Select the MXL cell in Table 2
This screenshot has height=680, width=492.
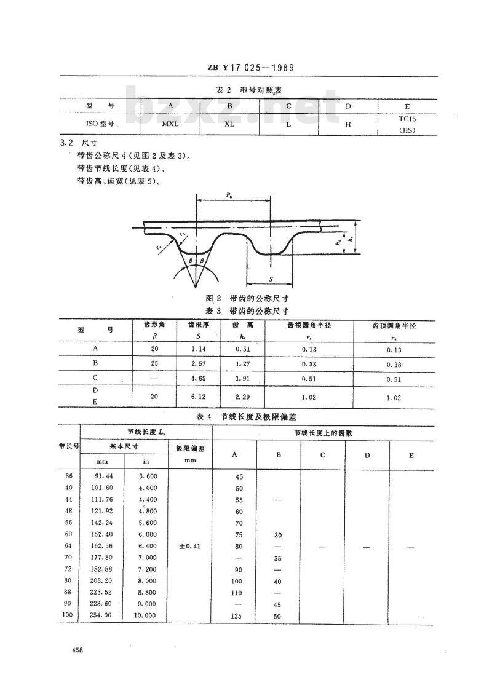pos(170,123)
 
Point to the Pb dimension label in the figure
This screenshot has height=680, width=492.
pos(228,196)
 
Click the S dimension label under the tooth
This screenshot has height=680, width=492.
pos(271,279)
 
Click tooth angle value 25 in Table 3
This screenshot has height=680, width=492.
pos(154,363)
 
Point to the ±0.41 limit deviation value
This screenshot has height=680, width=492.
pos(189,546)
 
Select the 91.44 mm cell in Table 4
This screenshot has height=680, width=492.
pos(102,476)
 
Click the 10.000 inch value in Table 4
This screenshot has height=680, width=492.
pos(146,615)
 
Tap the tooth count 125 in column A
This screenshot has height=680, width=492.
pos(239,615)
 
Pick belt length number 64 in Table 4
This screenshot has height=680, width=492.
pos(68,546)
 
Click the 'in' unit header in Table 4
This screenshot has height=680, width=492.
pos(146,461)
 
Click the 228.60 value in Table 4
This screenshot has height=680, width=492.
pos(102,604)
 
